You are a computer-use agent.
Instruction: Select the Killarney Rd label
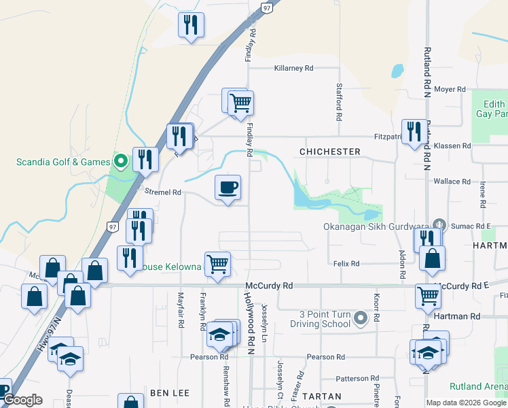(293, 68)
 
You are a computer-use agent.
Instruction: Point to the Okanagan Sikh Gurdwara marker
(439, 225)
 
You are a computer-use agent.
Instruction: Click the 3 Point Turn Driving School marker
(360, 318)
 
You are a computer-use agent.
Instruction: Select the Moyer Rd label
(450, 89)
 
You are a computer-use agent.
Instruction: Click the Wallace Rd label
(452, 182)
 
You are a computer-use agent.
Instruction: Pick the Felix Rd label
(346, 262)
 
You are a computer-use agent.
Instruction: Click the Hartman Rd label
(463, 316)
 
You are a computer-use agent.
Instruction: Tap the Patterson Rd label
(356, 378)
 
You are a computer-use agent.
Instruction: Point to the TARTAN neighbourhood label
(323, 396)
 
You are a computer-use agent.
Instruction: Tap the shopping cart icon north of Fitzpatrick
(240, 103)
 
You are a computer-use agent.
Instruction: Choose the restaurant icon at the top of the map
(191, 26)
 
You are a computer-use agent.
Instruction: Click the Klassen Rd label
(456, 146)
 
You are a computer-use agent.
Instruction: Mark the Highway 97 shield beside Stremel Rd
(113, 225)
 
